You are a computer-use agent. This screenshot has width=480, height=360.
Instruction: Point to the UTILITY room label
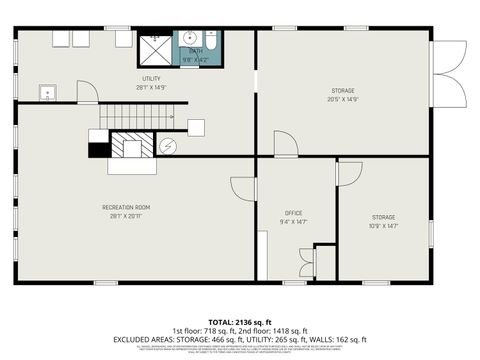tap(150, 79)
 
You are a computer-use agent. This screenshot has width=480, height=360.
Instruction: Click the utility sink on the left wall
tap(47, 94)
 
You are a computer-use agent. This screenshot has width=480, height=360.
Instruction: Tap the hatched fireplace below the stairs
tap(127, 148)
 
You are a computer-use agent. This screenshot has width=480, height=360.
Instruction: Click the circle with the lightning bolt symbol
tap(169, 146)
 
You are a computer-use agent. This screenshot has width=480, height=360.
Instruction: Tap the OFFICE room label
tap(293, 212)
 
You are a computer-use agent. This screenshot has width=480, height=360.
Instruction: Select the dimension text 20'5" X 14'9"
tap(342, 99)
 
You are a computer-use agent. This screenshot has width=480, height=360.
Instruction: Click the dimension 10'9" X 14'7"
tap(384, 225)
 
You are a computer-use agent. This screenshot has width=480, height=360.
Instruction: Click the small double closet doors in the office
tap(306, 267)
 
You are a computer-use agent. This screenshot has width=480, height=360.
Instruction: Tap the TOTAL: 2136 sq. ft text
tap(239, 321)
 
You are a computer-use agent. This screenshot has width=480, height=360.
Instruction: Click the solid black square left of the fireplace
tap(98, 150)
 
